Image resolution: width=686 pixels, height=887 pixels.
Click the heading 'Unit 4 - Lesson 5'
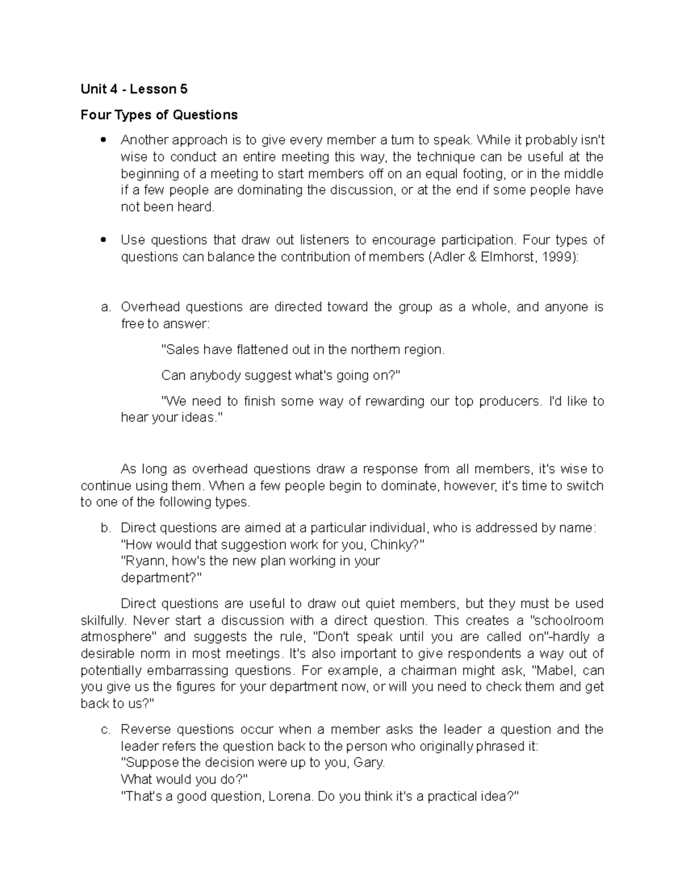[134, 89]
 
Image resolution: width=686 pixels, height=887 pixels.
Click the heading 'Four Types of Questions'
[159, 115]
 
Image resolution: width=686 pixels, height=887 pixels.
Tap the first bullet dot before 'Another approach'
[103, 140]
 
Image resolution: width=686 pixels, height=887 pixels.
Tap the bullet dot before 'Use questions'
[103, 240]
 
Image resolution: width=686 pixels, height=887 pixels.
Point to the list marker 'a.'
[105, 307]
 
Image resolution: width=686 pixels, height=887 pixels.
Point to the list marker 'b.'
[105, 528]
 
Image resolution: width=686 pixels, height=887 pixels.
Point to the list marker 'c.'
[105, 729]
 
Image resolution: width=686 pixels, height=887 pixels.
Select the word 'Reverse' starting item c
[145, 729]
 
